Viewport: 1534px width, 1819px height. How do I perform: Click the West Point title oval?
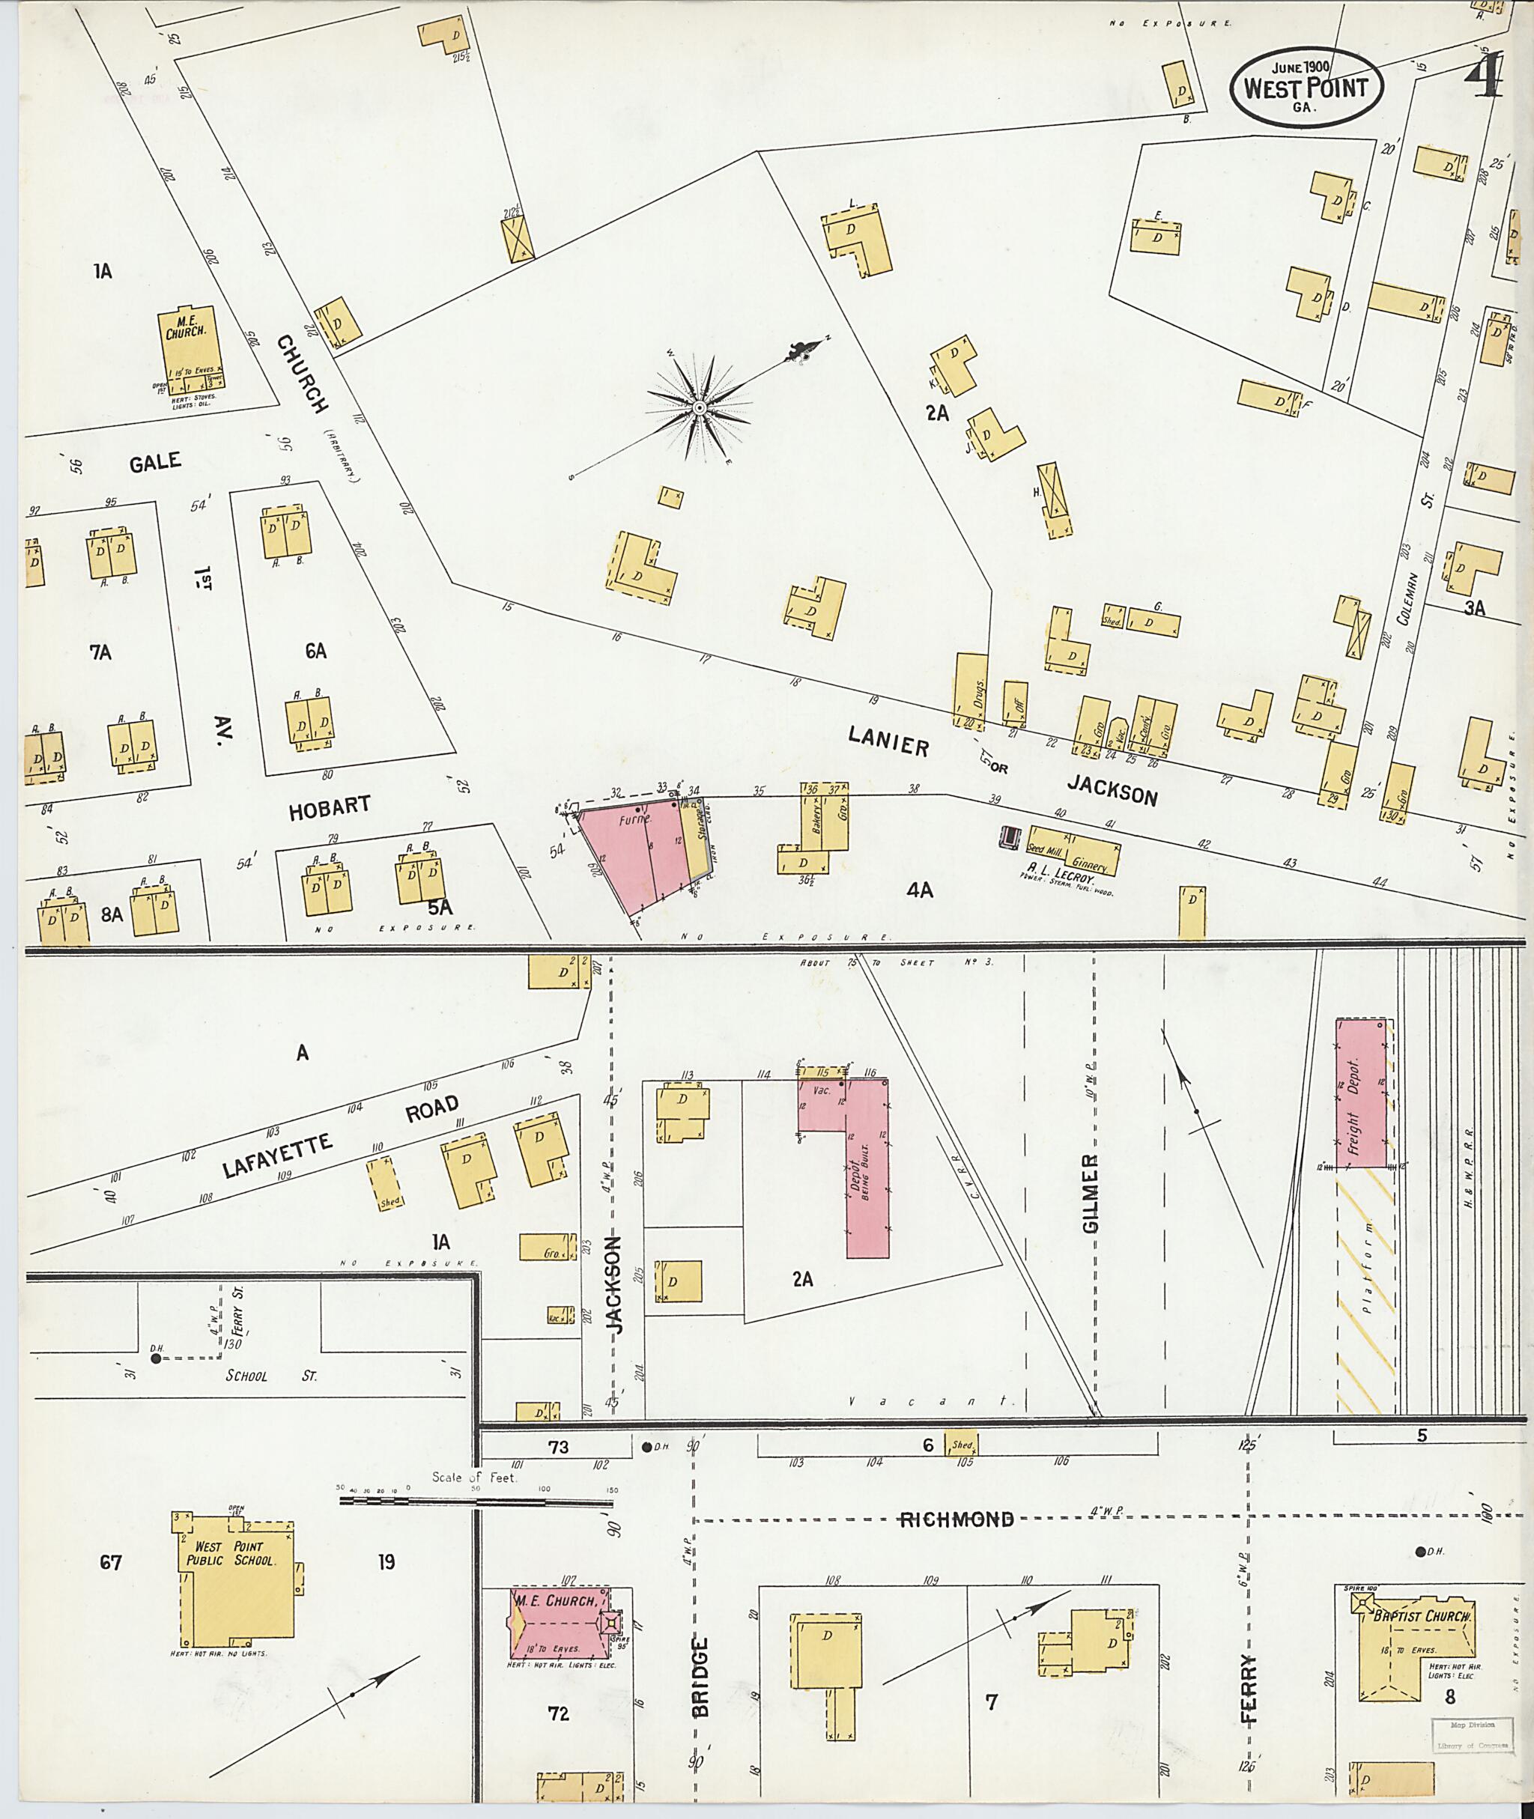1306,88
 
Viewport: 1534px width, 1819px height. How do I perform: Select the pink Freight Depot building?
1362,1092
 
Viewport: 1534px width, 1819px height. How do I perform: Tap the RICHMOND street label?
956,1519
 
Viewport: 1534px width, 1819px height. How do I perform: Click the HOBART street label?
330,806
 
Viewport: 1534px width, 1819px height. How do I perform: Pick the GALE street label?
156,462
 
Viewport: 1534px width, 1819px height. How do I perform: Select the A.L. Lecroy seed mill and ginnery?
1074,849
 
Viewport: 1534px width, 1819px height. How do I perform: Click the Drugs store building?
971,691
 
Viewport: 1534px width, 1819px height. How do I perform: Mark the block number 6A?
315,650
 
